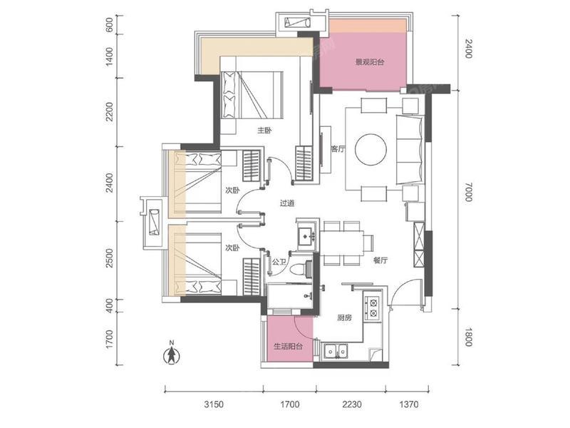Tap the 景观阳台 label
[x=369, y=62]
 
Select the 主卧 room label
[x=264, y=131]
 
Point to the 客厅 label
[x=338, y=148]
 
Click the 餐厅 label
[x=380, y=260]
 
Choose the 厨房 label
[x=344, y=317]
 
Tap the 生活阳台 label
[x=288, y=346]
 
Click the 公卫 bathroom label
[x=279, y=261]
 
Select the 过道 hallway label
[x=287, y=203]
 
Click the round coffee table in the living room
[x=370, y=149]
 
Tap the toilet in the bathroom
[x=302, y=269]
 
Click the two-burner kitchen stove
[x=373, y=307]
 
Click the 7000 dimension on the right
[x=468, y=192]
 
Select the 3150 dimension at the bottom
[x=214, y=404]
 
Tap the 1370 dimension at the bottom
[x=408, y=404]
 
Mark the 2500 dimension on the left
[x=110, y=258]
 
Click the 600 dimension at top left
[x=109, y=25]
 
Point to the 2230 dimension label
[x=352, y=404]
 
